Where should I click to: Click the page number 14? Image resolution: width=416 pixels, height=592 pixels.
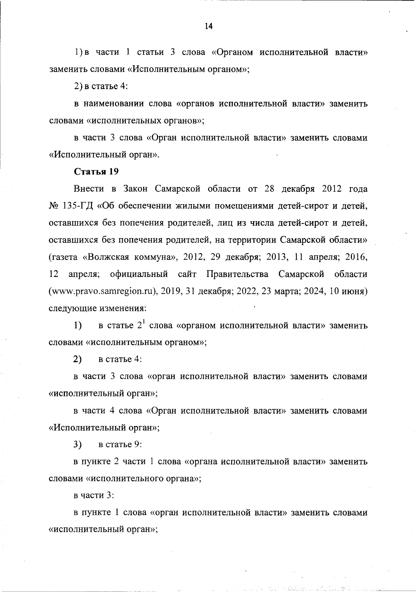click(208, 26)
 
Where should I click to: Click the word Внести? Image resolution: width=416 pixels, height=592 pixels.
click(89, 189)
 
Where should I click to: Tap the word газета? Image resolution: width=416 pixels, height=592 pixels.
click(64, 258)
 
